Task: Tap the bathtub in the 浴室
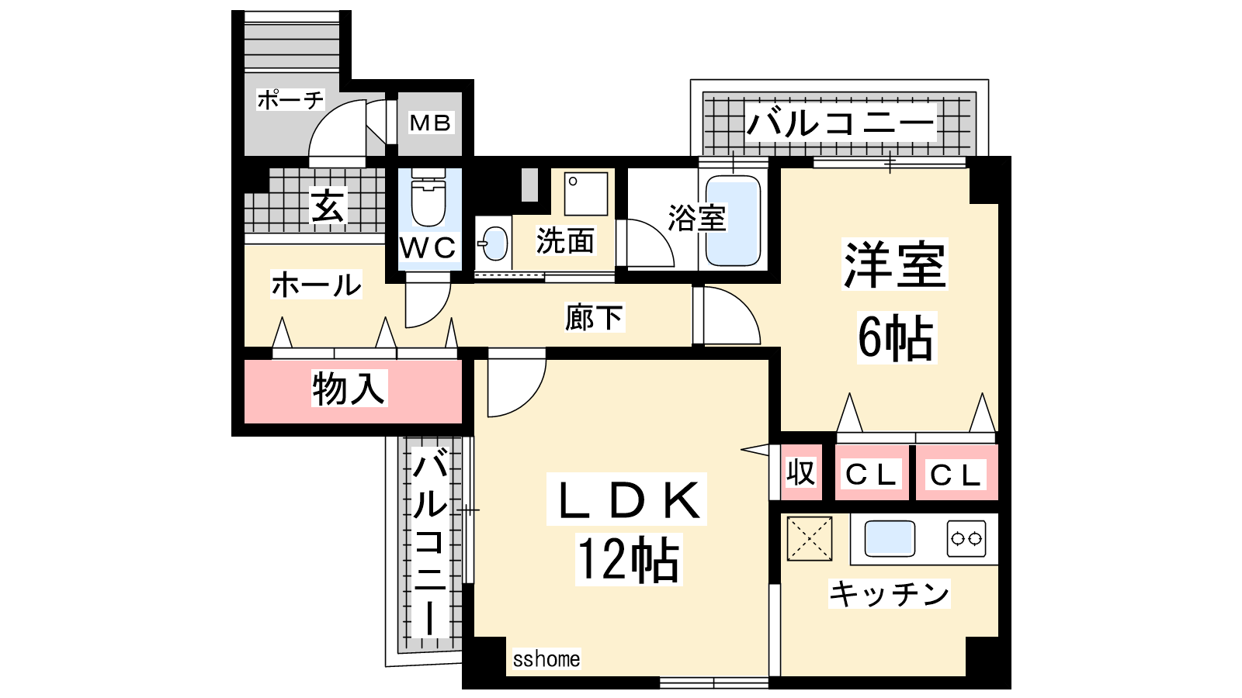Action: [732, 221]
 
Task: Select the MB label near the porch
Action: [430, 123]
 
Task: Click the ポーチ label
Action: [290, 99]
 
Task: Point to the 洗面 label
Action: [565, 241]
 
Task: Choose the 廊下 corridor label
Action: [594, 317]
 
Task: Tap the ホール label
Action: [316, 285]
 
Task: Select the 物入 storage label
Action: [349, 388]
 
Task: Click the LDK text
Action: [627, 500]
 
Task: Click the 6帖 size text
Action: [896, 337]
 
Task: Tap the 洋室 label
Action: [895, 265]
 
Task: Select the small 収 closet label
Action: [800, 472]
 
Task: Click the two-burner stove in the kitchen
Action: [966, 537]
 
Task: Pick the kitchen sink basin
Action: [890, 537]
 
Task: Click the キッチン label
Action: [890, 594]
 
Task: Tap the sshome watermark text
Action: [546, 659]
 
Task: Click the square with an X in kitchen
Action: [810, 537]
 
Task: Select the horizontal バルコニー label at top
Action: [841, 123]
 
